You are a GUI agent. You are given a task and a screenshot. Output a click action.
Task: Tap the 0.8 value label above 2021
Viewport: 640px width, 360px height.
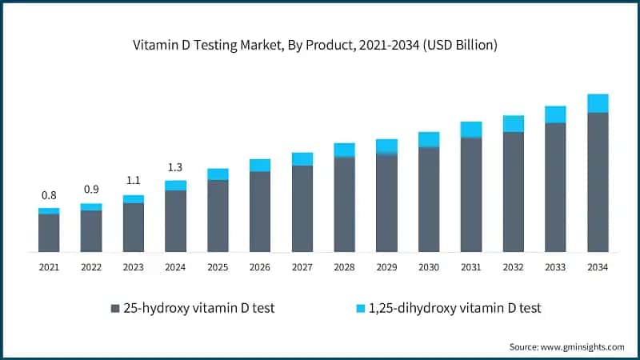[49, 195]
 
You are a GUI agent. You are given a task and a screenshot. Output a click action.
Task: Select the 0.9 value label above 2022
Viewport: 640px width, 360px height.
[91, 190]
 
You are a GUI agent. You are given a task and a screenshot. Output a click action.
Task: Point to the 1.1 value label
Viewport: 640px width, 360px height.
[134, 180]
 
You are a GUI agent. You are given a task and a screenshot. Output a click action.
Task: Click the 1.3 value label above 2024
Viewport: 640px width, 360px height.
[175, 167]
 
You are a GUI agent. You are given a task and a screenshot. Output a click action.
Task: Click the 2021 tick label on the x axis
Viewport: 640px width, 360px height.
[49, 267]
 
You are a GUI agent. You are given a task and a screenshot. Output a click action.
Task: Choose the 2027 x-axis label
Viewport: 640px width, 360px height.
[302, 267]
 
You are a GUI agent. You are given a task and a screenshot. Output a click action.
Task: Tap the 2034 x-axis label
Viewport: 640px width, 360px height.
[598, 267]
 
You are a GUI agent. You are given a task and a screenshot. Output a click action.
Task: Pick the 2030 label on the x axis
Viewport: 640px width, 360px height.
[429, 267]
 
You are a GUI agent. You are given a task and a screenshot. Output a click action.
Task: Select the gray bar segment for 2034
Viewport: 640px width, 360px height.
[598, 182]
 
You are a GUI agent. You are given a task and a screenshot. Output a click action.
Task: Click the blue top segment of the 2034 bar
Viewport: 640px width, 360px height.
[598, 103]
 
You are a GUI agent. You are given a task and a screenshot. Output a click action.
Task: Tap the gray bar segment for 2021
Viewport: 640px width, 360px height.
[49, 233]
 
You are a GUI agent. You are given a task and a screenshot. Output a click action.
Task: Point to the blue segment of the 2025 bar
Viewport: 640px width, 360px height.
[218, 174]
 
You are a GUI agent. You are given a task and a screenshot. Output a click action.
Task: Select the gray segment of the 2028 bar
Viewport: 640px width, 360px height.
[344, 204]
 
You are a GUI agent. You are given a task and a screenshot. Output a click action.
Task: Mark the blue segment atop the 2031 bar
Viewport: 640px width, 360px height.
[471, 130]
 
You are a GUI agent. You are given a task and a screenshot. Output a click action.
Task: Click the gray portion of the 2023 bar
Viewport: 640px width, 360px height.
[134, 227]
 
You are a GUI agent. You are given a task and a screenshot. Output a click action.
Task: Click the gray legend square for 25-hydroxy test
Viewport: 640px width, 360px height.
[115, 308]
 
